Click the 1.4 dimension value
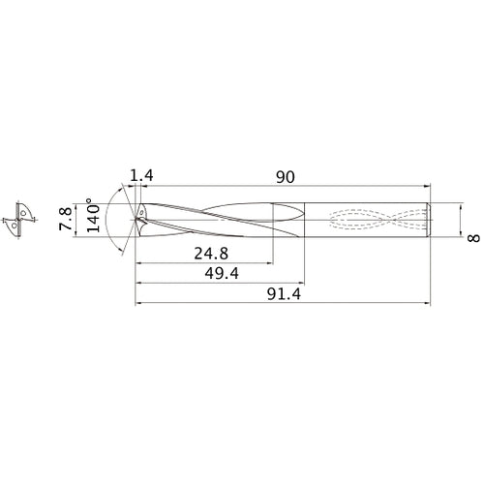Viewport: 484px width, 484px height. coord(141,176)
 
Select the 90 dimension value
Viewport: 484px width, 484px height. coord(286,177)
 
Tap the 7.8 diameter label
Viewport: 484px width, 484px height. coord(66,219)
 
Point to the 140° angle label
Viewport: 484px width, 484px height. coord(93,215)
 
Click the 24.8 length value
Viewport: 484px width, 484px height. coord(211,254)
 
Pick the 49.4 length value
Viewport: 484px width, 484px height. coord(222,274)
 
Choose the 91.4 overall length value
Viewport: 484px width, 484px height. coord(284,294)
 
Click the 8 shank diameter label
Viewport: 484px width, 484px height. coord(473,238)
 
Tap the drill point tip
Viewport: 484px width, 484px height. coord(136,220)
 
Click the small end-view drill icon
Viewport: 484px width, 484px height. coord(18,220)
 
